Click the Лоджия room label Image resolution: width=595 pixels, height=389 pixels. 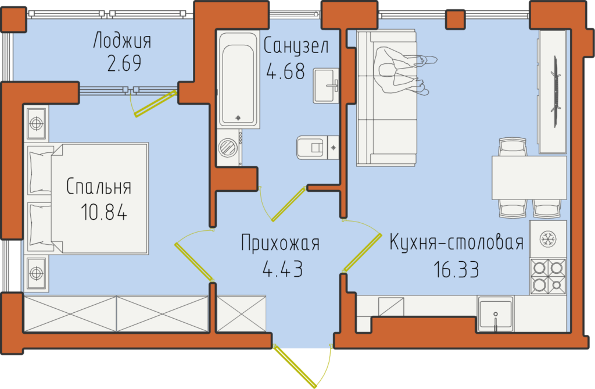[122, 41]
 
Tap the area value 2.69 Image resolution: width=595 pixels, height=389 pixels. [124, 63]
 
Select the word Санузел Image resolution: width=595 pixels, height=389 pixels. [296, 46]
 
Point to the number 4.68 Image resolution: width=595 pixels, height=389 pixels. [286, 71]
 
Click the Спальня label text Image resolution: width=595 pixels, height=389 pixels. [99, 186]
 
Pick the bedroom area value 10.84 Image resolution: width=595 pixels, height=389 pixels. [103, 212]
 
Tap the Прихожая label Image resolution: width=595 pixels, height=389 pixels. [280, 244]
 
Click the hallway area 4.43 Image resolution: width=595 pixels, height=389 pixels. [283, 269]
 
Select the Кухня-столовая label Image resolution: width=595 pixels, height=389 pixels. [457, 242]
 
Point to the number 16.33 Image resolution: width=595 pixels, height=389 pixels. [456, 269]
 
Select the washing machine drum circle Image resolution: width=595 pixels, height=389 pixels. [228, 147]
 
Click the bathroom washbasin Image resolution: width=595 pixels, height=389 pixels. [326, 86]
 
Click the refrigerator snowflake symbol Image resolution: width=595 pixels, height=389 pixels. [548, 240]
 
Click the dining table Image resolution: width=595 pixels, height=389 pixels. [529, 177]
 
